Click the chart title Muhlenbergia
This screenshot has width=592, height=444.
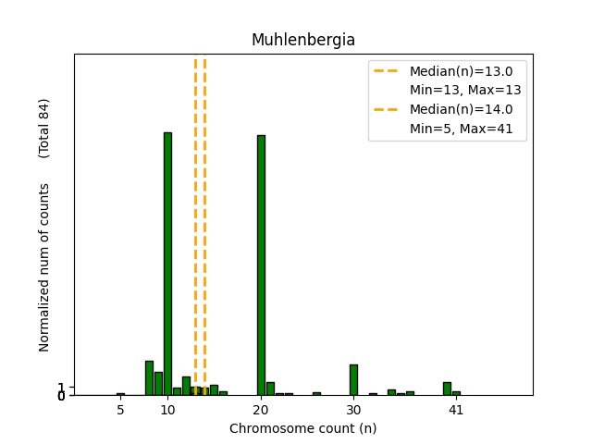coord(303,41)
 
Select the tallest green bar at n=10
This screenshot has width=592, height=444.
coord(167,264)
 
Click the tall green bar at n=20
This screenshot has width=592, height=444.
coord(261,265)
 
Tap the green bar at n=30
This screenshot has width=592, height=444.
coord(353,380)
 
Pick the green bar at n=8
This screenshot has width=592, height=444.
coord(149,378)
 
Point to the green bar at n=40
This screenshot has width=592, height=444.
coord(447,388)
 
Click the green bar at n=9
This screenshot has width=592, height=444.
coord(158,384)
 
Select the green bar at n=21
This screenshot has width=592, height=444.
coord(270,388)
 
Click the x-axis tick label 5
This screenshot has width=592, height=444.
coord(121,410)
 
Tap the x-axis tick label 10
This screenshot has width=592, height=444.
coord(167,410)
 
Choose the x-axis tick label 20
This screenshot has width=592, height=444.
coord(261,410)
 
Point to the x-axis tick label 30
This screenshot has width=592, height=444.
coord(353,410)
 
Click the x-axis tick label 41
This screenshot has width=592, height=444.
coord(456,410)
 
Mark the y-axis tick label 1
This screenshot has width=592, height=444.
coord(61,388)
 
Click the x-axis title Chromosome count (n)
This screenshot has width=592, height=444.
coord(303,428)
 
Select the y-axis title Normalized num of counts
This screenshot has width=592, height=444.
coord(44,277)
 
